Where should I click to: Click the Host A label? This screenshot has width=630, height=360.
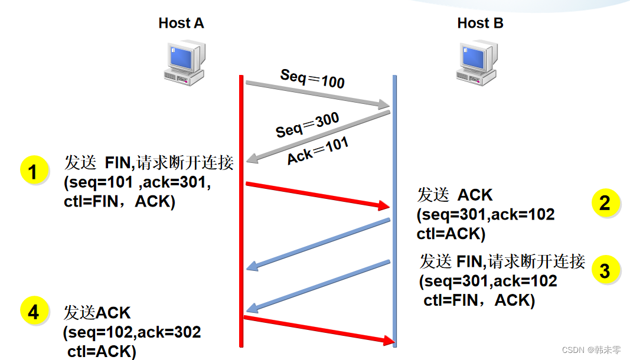[181, 24]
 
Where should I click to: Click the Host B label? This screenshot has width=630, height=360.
[480, 24]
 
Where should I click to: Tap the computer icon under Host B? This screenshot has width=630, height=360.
[476, 64]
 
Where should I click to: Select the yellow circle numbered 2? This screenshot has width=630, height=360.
[605, 203]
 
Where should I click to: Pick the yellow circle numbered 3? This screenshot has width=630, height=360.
[605, 270]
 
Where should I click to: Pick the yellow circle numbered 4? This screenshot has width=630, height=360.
[34, 312]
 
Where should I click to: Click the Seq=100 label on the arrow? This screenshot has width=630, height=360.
[312, 78]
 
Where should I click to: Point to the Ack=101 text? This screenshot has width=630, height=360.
[318, 150]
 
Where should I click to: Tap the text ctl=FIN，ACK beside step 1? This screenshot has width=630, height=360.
[119, 202]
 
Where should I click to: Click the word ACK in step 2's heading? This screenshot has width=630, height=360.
[475, 195]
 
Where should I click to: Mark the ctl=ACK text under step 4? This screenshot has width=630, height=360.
[102, 352]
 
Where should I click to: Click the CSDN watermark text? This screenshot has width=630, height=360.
[591, 349]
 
